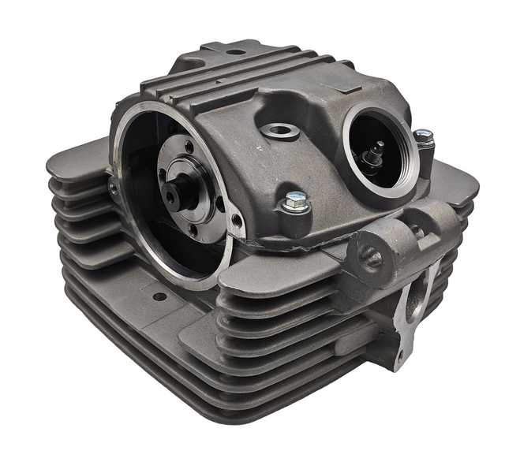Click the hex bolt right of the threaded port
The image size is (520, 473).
(424, 139)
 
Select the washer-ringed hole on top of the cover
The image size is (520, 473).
(279, 130)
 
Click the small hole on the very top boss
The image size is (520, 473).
(235, 52)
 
